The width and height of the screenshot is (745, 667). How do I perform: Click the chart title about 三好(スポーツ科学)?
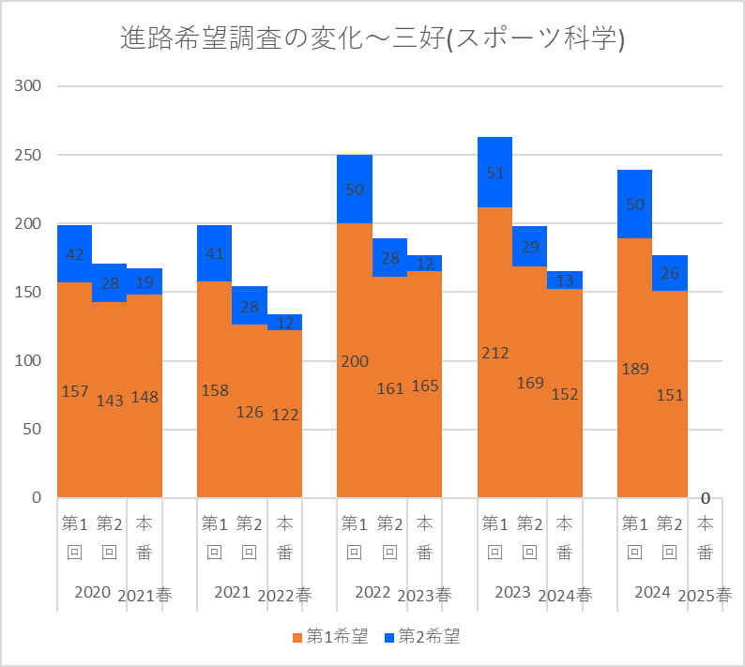click(x=372, y=38)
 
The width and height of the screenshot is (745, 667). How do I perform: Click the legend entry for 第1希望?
click(x=329, y=637)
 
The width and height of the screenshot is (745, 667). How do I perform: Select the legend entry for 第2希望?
click(x=422, y=637)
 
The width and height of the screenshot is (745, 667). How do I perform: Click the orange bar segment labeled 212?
click(x=494, y=352)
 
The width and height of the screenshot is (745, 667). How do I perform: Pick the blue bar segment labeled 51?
click(x=494, y=173)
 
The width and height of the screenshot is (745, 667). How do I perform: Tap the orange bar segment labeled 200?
click(x=355, y=360)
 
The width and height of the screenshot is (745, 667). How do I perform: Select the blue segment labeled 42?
click(x=74, y=253)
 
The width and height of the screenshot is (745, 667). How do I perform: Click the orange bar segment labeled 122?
click(x=285, y=414)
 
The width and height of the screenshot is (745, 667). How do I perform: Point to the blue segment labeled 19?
click(x=144, y=281)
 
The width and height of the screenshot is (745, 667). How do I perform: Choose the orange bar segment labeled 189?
click(x=634, y=368)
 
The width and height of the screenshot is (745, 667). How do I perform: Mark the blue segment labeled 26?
click(x=670, y=273)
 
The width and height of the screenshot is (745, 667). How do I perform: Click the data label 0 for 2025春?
click(x=705, y=498)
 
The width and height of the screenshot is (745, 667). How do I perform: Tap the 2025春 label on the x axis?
click(x=705, y=595)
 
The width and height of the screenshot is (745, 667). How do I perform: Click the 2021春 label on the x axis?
click(x=144, y=595)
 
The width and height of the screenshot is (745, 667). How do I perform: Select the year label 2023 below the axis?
click(x=512, y=592)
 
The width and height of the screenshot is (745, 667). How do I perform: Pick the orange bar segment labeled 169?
click(x=530, y=382)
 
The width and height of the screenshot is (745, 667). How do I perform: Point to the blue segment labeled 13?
click(x=565, y=280)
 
